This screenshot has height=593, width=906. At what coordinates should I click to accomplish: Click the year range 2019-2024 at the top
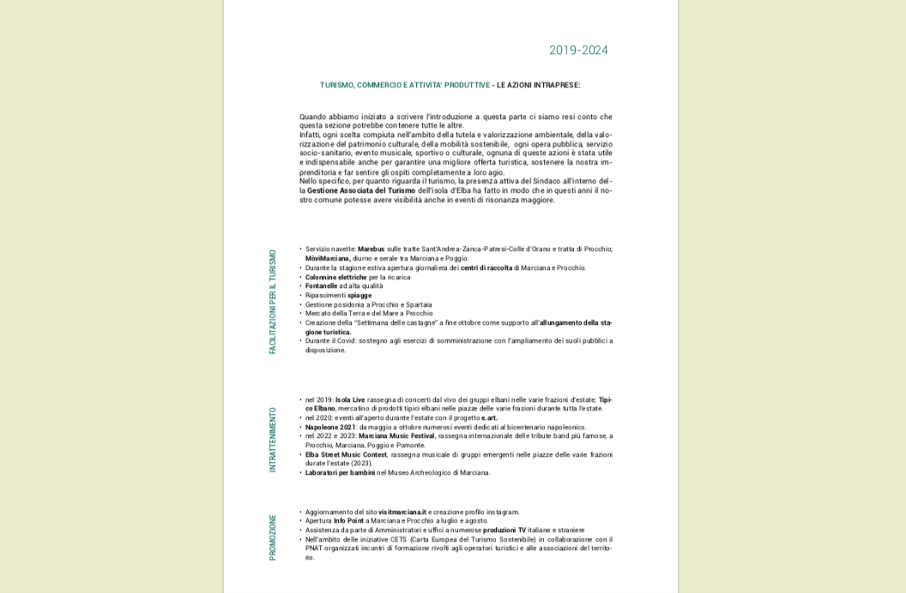(x=578, y=51)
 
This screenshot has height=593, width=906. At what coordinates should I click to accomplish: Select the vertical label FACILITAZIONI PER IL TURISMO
(x=273, y=302)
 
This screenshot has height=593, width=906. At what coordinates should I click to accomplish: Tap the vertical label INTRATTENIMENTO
(x=273, y=440)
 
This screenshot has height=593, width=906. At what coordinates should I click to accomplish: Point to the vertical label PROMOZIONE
(x=273, y=537)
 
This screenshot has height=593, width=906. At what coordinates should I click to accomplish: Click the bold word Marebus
(x=371, y=249)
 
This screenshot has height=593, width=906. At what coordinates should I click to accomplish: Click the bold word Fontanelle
(x=321, y=286)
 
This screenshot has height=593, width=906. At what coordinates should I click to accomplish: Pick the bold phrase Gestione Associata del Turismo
(x=360, y=191)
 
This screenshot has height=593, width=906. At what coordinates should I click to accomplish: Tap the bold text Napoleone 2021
(x=330, y=428)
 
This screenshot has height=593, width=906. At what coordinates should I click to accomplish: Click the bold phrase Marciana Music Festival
(x=396, y=436)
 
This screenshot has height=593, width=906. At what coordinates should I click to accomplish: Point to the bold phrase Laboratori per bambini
(x=340, y=473)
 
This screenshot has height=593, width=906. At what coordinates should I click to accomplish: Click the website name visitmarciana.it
(x=402, y=512)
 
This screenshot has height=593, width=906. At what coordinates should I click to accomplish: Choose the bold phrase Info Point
(x=348, y=521)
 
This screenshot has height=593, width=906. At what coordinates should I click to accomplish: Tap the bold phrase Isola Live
(x=350, y=400)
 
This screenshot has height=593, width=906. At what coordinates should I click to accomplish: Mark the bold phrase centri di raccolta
(x=486, y=268)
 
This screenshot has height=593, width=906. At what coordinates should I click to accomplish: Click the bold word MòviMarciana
(x=327, y=259)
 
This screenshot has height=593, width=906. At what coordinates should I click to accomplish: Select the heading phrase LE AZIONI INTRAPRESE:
(x=538, y=86)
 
